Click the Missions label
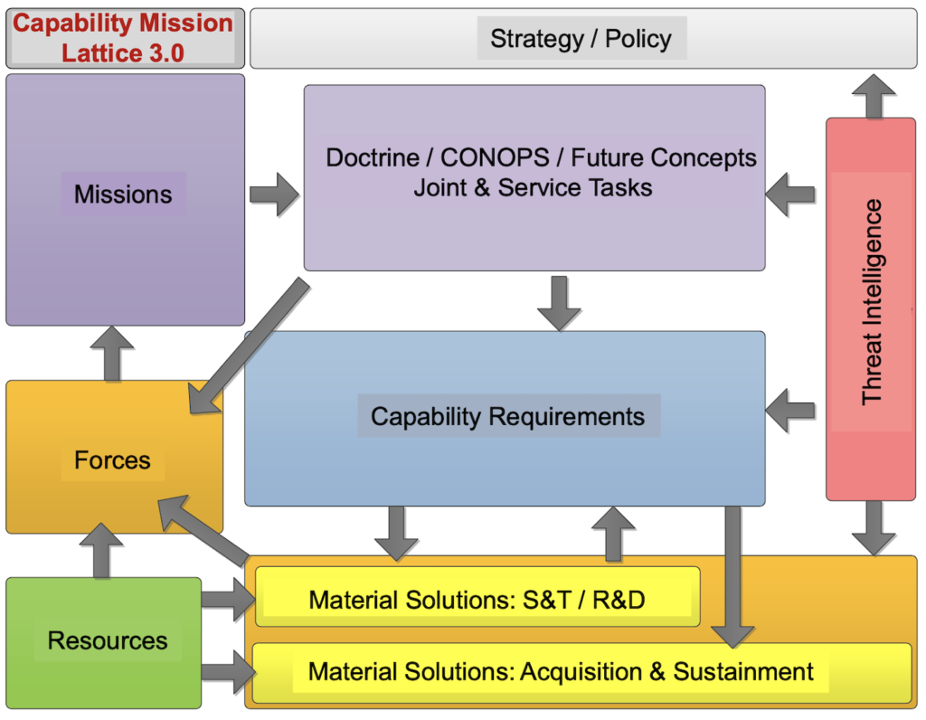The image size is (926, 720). tap(123, 194)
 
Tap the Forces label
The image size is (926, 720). tap(112, 460)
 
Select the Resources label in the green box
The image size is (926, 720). tap(108, 640)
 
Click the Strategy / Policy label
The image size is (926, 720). tap(581, 39)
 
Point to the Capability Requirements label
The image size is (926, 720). tap(507, 417)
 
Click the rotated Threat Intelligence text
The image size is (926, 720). tap(872, 302)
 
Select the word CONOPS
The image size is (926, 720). tap(495, 157)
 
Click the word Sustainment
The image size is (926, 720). tap(743, 671)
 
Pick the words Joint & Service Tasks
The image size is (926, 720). tap(533, 188)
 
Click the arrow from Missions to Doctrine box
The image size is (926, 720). tap(275, 194)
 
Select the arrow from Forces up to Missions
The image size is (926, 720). tap(112, 353)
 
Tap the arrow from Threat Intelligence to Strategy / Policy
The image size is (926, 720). tap(874, 96)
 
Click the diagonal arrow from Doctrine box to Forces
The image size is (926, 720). tap(248, 346)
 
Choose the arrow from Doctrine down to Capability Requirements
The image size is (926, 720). tap(559, 303)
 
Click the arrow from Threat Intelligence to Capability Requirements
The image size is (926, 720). tap(790, 411)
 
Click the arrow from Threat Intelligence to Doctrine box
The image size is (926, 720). tap(790, 194)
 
